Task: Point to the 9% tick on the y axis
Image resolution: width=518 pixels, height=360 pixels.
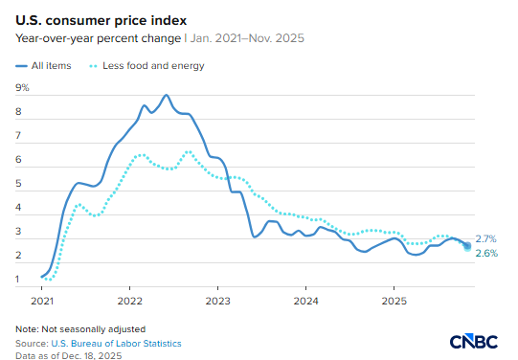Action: pyautogui.click(x=23, y=87)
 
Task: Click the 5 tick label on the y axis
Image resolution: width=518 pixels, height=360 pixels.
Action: pyautogui.click(x=19, y=184)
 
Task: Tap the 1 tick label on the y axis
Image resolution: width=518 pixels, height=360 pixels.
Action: pyautogui.click(x=19, y=280)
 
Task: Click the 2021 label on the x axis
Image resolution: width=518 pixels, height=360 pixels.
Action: pyautogui.click(x=42, y=301)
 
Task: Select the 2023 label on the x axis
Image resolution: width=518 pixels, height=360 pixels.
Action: pyautogui.click(x=217, y=301)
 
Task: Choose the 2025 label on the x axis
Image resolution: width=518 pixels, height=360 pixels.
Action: pyautogui.click(x=393, y=301)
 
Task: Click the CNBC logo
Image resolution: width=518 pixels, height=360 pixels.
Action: pyautogui.click(x=475, y=341)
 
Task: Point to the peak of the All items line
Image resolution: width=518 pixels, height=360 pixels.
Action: pyautogui.click(x=167, y=95)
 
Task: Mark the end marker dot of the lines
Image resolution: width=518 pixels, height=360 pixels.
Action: pyautogui.click(x=467, y=246)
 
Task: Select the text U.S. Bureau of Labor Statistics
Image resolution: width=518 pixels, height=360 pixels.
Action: pyautogui.click(x=118, y=343)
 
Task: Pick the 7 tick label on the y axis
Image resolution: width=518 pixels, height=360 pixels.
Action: pyautogui.click(x=19, y=136)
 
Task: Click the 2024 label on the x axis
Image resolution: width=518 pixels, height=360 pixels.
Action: pyautogui.click(x=305, y=301)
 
